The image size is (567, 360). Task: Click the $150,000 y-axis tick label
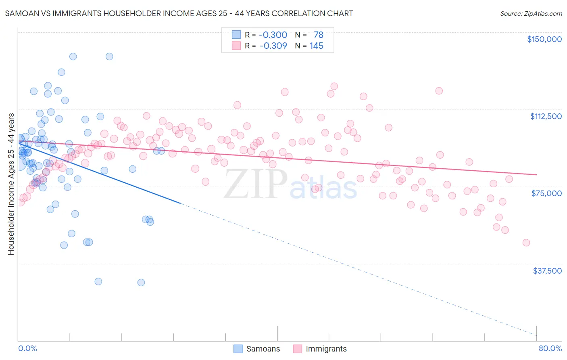(x=544, y=39)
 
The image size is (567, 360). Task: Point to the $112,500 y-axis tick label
(x=546, y=116)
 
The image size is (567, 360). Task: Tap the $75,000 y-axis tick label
(x=546, y=193)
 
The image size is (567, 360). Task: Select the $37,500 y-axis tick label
(x=547, y=271)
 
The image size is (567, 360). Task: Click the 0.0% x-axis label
(x=27, y=348)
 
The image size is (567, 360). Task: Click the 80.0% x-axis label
(x=550, y=348)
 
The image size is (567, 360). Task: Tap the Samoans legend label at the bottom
(x=263, y=349)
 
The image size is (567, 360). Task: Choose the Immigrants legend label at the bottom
(x=326, y=349)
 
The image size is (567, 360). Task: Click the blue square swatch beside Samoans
(x=238, y=349)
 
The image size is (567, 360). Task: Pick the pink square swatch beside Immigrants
(x=298, y=349)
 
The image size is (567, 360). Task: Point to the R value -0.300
(x=273, y=35)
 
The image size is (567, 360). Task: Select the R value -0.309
(x=273, y=46)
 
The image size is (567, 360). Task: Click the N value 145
(x=317, y=46)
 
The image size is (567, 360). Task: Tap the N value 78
(x=319, y=35)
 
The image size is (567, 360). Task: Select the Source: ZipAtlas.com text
(x=531, y=13)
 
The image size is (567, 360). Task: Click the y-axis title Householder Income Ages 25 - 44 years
(x=11, y=184)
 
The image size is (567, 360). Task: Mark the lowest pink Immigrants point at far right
(x=526, y=243)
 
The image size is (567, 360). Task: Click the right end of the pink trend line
(x=536, y=174)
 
